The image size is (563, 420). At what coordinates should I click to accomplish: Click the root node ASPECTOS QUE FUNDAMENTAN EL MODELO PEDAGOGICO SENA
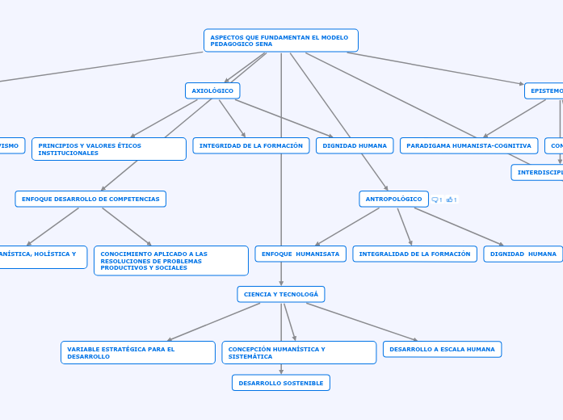[x=280, y=40]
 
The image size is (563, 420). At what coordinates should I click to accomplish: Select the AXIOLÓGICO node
[x=212, y=90]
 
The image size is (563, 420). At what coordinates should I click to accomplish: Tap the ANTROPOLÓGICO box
[x=393, y=199]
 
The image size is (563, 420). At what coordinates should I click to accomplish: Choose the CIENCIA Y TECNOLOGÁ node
[x=281, y=294]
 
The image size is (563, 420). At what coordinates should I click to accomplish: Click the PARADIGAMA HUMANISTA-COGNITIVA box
[x=468, y=145]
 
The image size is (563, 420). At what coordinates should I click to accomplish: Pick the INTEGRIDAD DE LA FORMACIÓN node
[x=250, y=145]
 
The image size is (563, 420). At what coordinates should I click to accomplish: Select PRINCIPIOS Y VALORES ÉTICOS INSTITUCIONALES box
[x=109, y=149]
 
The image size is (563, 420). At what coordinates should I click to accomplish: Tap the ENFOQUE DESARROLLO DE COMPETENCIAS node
[x=90, y=199]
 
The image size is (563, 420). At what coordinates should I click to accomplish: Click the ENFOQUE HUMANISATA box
[x=300, y=254]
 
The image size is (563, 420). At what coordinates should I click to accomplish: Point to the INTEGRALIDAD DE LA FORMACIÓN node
[x=414, y=254]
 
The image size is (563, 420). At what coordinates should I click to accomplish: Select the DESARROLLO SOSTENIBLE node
[x=281, y=383]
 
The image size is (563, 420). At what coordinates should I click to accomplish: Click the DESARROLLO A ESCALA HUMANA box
[x=442, y=349]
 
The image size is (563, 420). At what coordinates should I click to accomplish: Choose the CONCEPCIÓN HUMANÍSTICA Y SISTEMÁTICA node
[x=299, y=352]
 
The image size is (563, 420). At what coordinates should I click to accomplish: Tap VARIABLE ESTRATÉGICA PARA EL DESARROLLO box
[x=137, y=352]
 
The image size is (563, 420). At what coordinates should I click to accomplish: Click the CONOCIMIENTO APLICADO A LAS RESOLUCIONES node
[x=170, y=260]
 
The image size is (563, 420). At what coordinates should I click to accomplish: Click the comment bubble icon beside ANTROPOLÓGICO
[x=436, y=199]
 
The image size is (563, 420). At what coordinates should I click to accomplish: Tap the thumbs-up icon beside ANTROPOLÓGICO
[x=450, y=199]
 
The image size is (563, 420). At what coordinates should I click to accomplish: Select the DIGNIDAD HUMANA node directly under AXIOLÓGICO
[x=355, y=145]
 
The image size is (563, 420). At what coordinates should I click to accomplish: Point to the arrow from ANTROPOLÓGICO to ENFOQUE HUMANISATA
[x=347, y=226]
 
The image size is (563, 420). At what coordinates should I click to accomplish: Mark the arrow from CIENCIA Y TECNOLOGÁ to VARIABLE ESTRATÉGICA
[x=214, y=321]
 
